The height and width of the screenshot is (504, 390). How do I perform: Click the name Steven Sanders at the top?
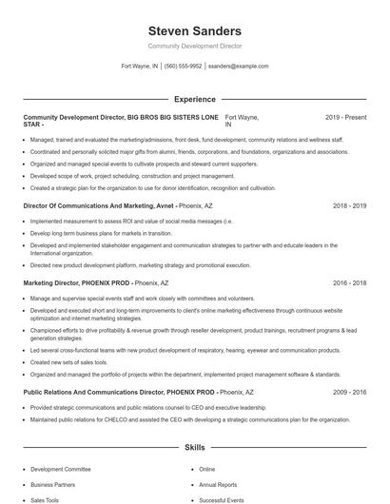pyautogui.click(x=195, y=30)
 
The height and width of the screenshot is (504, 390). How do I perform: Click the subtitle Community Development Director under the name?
pyautogui.click(x=195, y=46)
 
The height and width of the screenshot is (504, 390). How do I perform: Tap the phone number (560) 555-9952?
pyautogui.click(x=184, y=67)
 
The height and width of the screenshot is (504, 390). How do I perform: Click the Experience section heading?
pyautogui.click(x=195, y=99)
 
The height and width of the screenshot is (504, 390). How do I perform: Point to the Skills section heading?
pyautogui.click(x=195, y=446)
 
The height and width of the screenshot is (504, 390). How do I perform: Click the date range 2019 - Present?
pyautogui.click(x=345, y=117)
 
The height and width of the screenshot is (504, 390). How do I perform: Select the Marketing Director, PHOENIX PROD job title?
pyautogui.click(x=77, y=283)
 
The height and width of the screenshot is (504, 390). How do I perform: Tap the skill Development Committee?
pyautogui.click(x=60, y=469)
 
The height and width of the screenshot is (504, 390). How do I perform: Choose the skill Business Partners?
pyautogui.click(x=53, y=484)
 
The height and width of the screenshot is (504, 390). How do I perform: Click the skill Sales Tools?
pyautogui.click(x=45, y=499)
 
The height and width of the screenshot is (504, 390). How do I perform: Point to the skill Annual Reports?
pyautogui.click(x=218, y=484)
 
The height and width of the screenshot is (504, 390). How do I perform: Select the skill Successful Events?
pyautogui.click(x=221, y=499)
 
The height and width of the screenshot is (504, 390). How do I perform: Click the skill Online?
pyautogui.click(x=207, y=469)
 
